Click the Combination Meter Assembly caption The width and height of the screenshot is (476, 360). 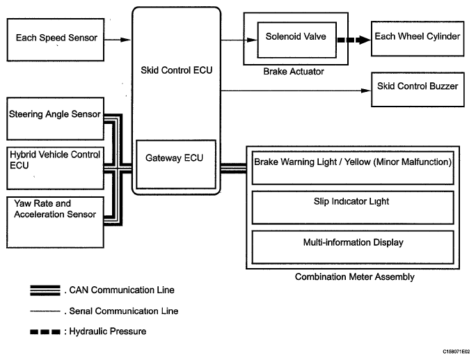[x=354, y=277]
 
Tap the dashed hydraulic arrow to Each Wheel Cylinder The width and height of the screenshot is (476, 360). [x=354, y=40]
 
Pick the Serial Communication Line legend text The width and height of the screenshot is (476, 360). [x=122, y=311]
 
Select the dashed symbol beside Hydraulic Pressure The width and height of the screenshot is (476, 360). [x=44, y=331]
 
